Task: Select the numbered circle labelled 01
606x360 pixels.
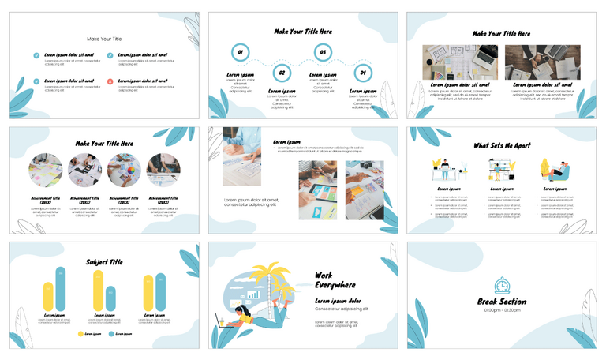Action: click(x=240, y=53)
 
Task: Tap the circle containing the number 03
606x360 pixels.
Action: click(x=322, y=53)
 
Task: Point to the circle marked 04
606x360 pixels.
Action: click(x=363, y=73)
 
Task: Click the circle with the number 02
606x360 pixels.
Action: click(x=281, y=73)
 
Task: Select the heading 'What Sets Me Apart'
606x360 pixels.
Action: click(x=502, y=145)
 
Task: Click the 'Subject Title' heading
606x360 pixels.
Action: click(x=104, y=261)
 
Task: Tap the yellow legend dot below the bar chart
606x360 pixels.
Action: click(x=80, y=334)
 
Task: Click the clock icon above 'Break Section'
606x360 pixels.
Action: click(x=502, y=286)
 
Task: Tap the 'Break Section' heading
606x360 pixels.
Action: click(x=502, y=302)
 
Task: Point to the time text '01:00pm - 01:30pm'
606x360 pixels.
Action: click(x=502, y=311)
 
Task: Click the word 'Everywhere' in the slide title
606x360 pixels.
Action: click(x=335, y=285)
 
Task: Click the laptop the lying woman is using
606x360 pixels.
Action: click(x=223, y=321)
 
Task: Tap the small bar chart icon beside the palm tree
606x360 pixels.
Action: click(x=254, y=294)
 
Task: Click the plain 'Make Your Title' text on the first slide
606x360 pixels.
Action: click(x=104, y=39)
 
